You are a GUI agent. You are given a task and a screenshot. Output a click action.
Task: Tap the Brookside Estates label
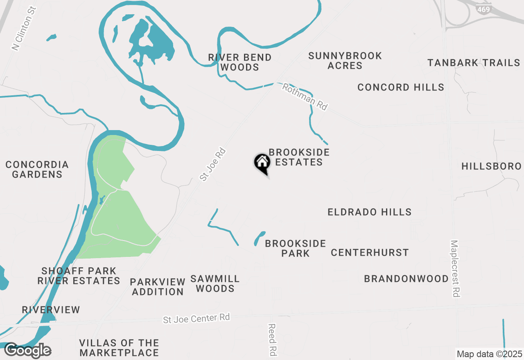pyautogui.click(x=299, y=157)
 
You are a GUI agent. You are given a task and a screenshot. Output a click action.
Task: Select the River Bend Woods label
pyautogui.click(x=239, y=63)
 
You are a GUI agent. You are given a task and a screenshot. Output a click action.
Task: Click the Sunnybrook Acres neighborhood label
pyautogui.click(x=345, y=61)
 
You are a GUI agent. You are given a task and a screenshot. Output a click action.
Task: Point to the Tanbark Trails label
pyautogui.click(x=474, y=63)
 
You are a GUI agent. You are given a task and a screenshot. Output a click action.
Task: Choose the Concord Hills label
pyautogui.click(x=400, y=87)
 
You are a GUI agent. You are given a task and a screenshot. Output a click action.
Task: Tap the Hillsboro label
pyautogui.click(x=491, y=166)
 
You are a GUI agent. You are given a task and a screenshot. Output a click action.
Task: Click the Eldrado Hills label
pyautogui.click(x=369, y=212)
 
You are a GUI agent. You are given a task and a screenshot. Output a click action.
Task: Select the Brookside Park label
pyautogui.click(x=295, y=248)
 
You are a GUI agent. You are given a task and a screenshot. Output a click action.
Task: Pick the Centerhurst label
pyautogui.click(x=370, y=252)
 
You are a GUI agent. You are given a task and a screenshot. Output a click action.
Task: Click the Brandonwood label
pyautogui.click(x=406, y=279)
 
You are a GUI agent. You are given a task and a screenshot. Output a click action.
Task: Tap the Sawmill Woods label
pyautogui.click(x=215, y=283)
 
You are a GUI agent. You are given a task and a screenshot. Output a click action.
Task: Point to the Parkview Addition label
pyautogui.click(x=158, y=287)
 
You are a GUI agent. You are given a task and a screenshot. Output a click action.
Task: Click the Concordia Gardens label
pyautogui.click(x=37, y=169)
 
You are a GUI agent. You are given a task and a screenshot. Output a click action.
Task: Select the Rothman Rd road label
pyautogui.click(x=305, y=97)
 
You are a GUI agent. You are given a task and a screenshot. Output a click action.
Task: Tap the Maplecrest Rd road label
pyautogui.click(x=455, y=268)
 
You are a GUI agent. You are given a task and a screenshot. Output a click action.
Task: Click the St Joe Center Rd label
pyautogui.click(x=196, y=318)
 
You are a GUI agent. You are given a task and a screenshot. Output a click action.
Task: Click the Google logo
pyautogui.click(x=27, y=351)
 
